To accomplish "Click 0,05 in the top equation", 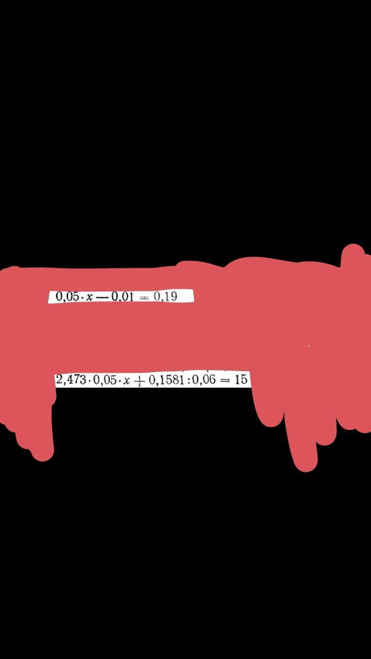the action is pyautogui.click(x=66, y=297).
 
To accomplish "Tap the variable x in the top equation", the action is pyautogui.click(x=90, y=297).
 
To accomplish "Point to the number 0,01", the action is pyautogui.click(x=122, y=297).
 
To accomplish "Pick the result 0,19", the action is pyautogui.click(x=165, y=297).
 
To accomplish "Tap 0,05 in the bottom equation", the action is pyautogui.click(x=104, y=380).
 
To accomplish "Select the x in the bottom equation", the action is pyautogui.click(x=126, y=381).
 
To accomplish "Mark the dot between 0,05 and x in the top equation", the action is pyautogui.click(x=81, y=297).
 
